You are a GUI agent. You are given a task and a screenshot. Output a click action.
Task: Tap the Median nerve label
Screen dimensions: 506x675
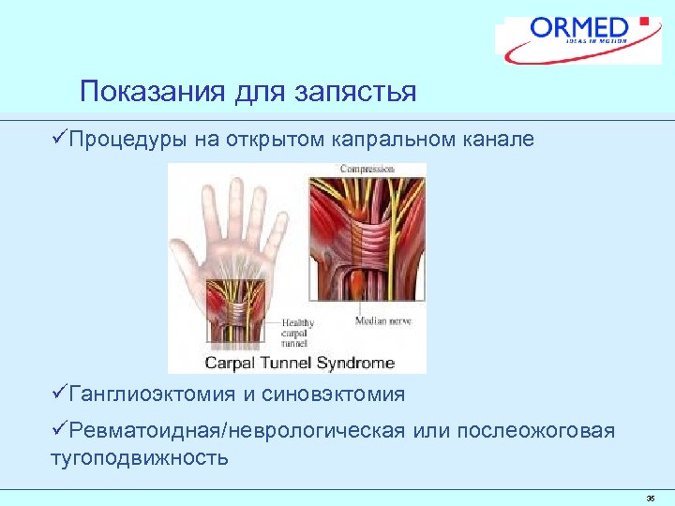[x=385, y=321]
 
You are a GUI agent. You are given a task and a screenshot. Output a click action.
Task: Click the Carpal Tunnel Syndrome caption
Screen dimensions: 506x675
[x=300, y=363]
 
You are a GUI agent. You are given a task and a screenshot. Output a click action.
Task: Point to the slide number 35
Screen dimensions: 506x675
[x=650, y=498]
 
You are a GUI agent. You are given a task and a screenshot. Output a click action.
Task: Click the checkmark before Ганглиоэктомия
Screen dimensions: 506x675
[x=58, y=394]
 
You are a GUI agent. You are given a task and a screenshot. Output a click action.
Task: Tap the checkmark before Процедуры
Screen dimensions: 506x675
[x=58, y=140]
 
